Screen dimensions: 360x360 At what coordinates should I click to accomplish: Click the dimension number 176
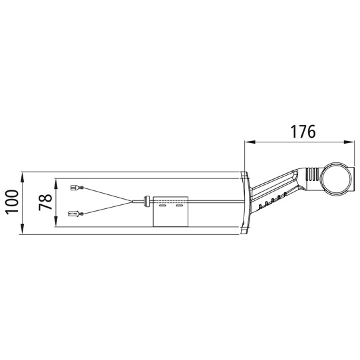coord(303,132)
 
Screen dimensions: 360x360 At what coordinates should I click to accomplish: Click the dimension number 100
coord(12,202)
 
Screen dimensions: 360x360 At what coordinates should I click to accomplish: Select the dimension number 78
coord(45,202)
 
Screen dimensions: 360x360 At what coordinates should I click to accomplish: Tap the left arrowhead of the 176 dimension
coord(250,142)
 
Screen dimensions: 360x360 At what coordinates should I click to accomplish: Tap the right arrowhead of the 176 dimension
coord(349,142)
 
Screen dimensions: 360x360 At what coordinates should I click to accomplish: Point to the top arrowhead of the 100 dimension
coord(22,177)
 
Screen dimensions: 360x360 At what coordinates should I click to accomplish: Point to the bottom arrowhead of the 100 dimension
coord(22,229)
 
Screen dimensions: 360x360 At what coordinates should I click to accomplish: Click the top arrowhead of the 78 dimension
coord(55,184)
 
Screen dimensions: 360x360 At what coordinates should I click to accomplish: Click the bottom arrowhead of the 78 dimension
coord(55,222)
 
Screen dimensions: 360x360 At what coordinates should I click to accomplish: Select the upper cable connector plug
coord(77,188)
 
